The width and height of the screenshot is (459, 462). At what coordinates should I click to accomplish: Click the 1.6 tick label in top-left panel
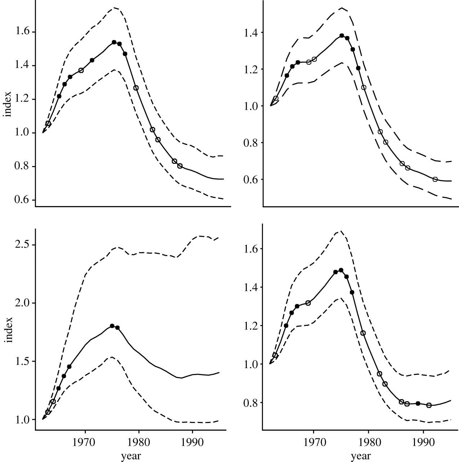click(22, 32)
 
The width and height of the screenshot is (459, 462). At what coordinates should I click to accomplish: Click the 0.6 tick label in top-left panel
click(22, 200)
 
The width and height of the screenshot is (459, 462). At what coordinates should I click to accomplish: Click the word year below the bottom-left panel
click(130, 456)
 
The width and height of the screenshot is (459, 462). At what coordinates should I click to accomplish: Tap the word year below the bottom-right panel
click(360, 456)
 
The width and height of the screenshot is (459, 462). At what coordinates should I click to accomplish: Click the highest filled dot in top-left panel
click(114, 42)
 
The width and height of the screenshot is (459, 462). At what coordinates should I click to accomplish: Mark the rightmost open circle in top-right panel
click(435, 179)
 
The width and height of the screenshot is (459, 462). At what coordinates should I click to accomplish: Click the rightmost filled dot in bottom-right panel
click(418, 404)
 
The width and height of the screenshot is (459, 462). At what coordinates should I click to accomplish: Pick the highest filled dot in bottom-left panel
click(112, 326)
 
